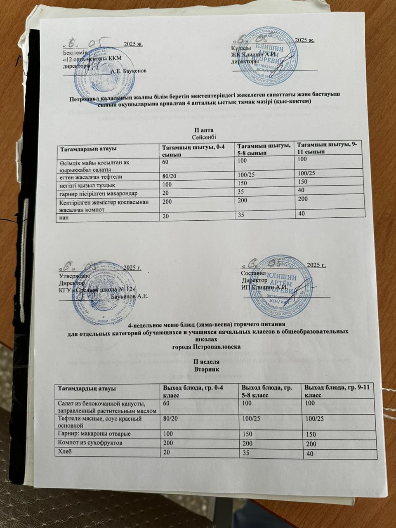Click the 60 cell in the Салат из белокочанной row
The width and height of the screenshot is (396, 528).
166,401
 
